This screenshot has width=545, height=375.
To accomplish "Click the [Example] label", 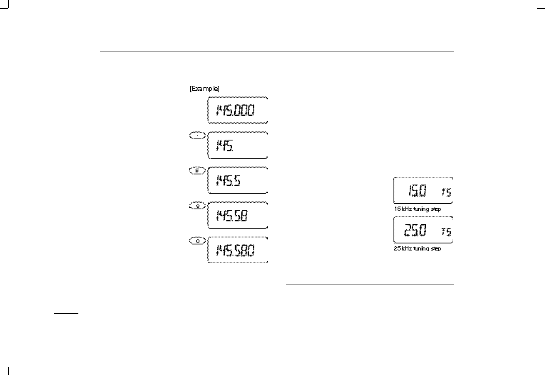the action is coord(204,89).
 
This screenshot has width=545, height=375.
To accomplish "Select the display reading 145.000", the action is coord(237,110).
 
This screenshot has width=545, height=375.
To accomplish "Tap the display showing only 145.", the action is coord(237,145).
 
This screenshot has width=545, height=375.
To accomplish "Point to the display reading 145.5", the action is coord(237,180).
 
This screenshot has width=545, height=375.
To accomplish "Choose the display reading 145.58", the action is coord(237,215).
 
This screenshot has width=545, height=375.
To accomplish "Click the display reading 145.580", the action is coord(237,250).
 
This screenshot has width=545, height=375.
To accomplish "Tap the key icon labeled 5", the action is coord(197,171).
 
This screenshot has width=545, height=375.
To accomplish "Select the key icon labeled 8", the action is coord(197,206).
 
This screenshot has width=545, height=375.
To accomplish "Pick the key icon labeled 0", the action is coord(197,241).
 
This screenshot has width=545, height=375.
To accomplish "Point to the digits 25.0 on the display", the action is coord(415,230).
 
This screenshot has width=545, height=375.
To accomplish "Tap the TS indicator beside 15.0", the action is coord(447,192).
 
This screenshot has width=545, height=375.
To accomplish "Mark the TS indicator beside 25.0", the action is coord(447,231).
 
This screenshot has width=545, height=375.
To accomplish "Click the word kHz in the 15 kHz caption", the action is coord(406,209).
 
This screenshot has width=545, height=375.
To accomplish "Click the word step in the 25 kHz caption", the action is coord(435,248).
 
